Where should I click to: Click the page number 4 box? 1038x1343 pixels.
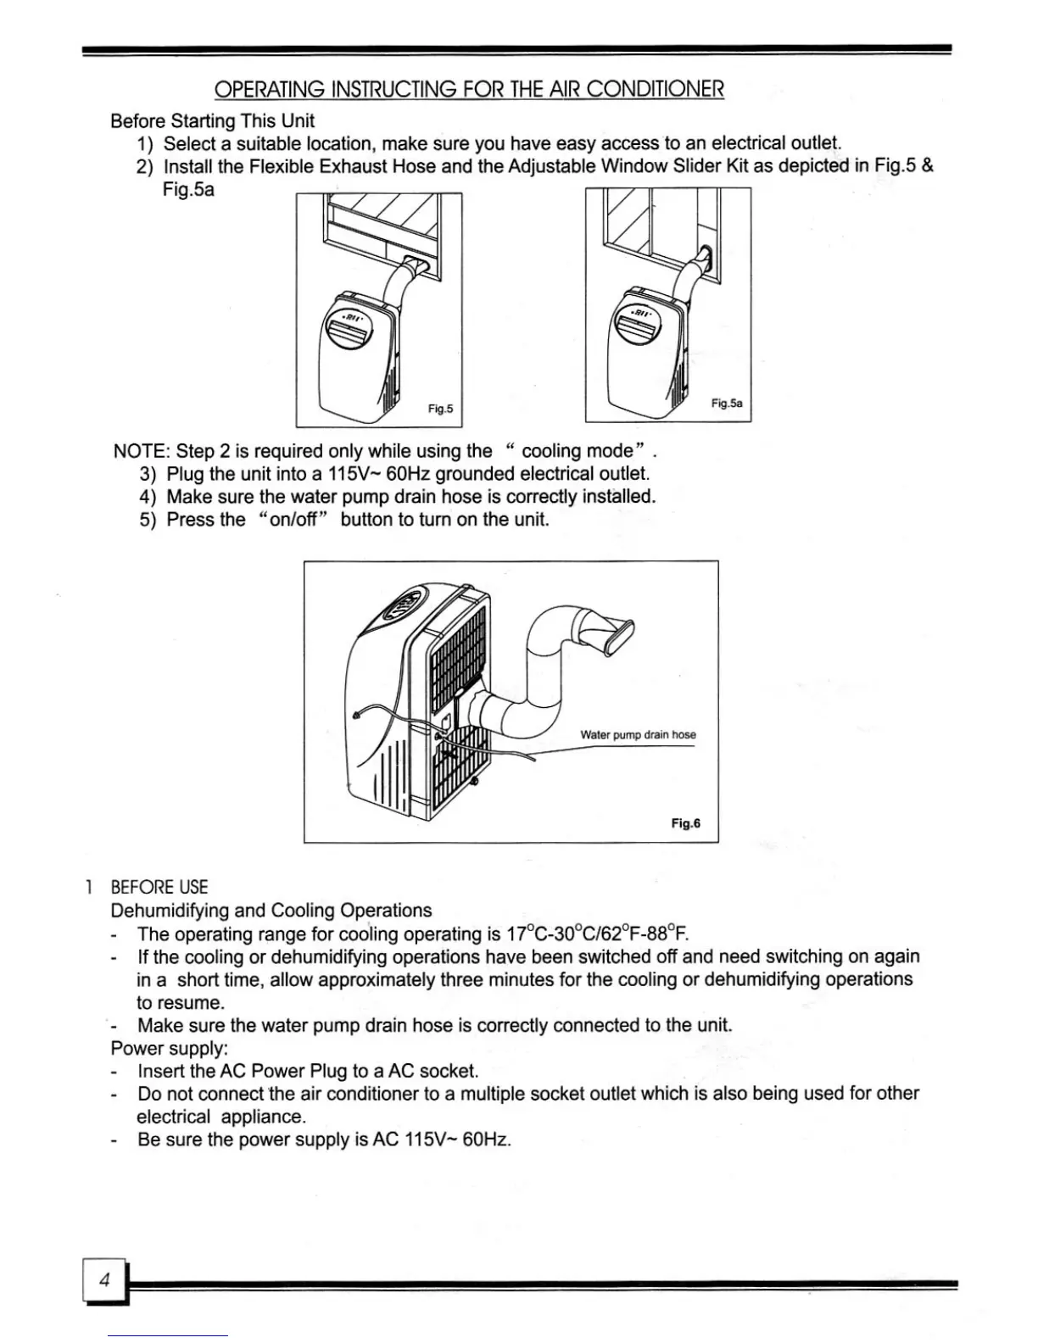(104, 1281)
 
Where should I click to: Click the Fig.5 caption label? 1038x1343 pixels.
(440, 410)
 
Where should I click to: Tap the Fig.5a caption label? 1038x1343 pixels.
(727, 404)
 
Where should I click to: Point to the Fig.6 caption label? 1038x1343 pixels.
(685, 823)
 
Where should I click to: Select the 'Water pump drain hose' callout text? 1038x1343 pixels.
(638, 735)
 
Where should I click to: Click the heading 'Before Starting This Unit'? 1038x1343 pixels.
(212, 121)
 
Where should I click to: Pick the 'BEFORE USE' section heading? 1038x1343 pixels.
(159, 887)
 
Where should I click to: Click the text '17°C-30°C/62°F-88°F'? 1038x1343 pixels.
(597, 934)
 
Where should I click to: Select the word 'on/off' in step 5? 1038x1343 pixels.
(293, 520)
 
